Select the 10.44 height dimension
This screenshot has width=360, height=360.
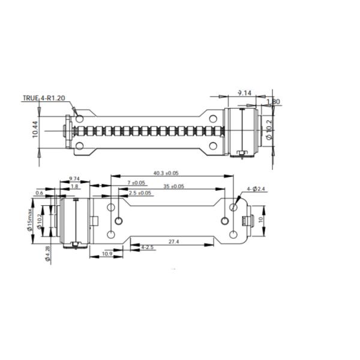[35, 131]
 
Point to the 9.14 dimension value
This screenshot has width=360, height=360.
[244, 92]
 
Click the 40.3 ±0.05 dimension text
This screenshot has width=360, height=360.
[167, 173]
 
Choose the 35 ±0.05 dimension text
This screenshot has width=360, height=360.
[173, 186]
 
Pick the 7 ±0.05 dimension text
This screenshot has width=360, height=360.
[136, 182]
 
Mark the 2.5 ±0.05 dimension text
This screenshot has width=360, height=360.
[140, 193]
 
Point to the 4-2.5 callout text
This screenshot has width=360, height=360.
[147, 247]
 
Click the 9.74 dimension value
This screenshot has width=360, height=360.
[74, 179]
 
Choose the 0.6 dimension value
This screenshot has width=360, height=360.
[39, 193]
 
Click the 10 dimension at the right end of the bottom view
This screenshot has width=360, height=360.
[260, 220]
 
